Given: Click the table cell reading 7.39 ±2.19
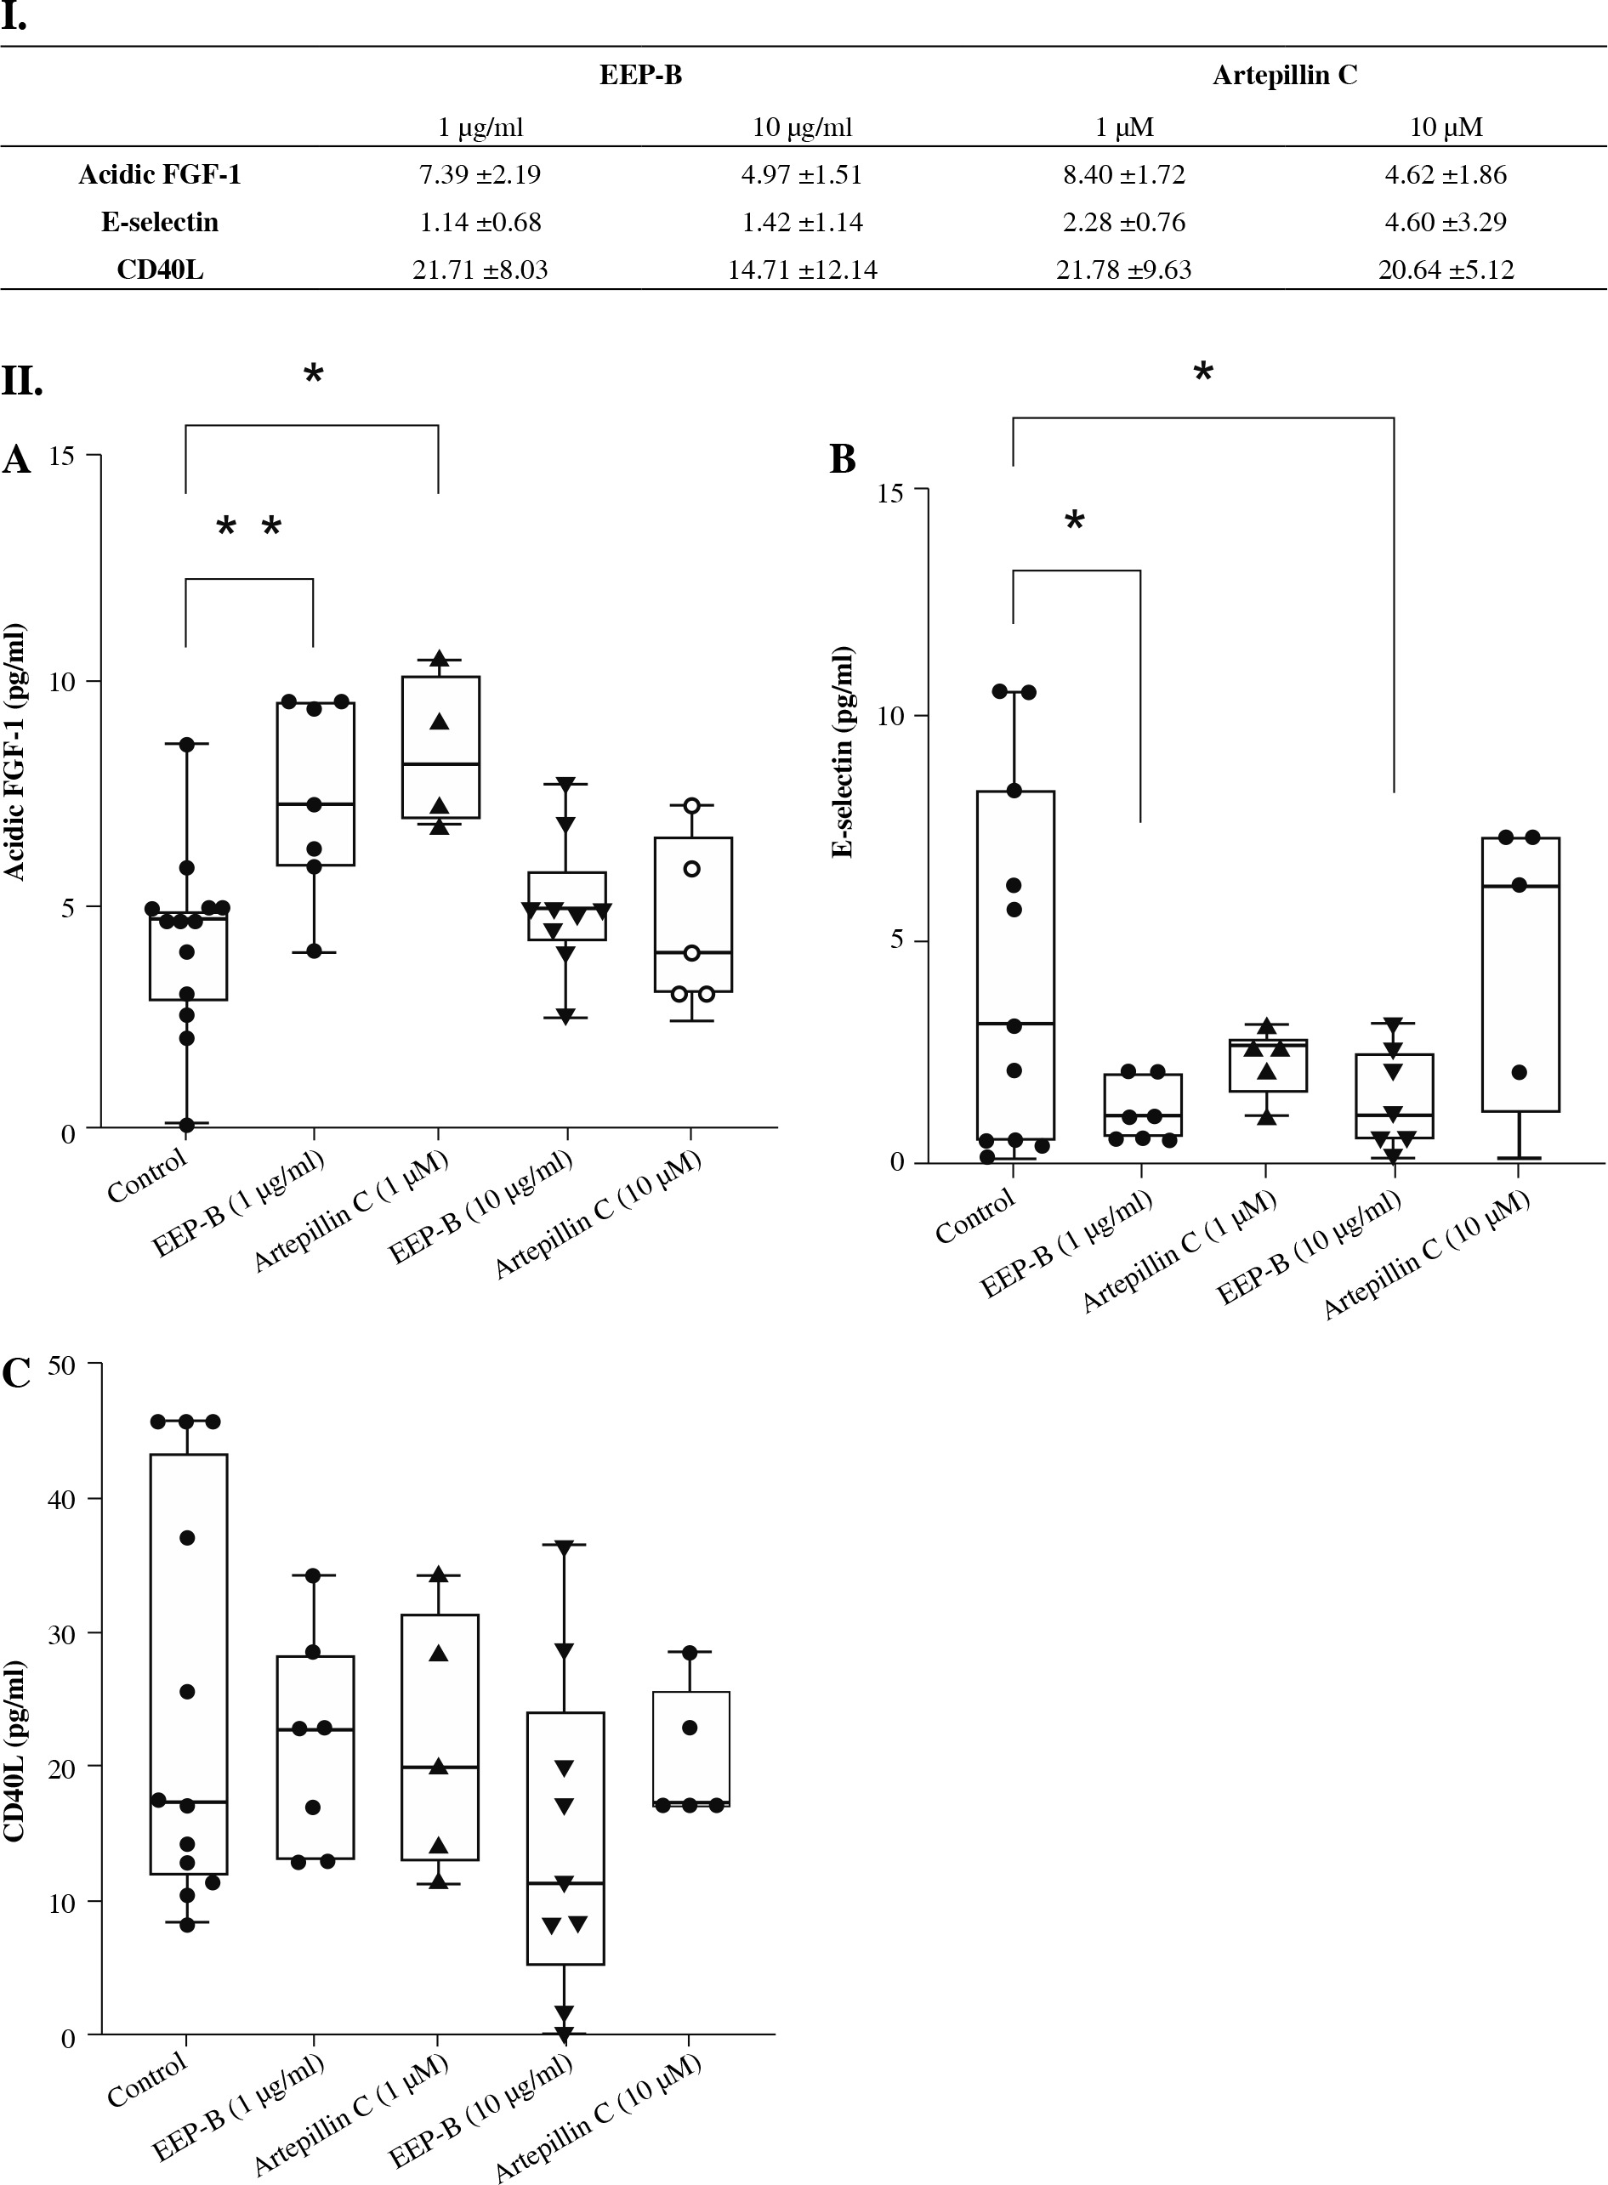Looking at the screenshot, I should (480, 174).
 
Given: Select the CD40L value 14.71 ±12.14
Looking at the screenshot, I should (802, 270).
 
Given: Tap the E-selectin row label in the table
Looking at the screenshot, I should (160, 222).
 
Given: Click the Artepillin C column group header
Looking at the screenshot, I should (1284, 75).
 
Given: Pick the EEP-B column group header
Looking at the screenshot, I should (640, 75).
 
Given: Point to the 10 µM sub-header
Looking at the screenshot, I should (1446, 127).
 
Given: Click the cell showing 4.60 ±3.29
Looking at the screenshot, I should (1446, 222).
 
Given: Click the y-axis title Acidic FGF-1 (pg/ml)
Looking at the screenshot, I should (15, 752).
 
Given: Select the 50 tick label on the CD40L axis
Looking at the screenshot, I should (61, 1365).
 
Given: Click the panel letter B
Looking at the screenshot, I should (842, 459).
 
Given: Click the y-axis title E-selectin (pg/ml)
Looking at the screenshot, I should (843, 752).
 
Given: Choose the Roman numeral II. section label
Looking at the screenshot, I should (21, 381).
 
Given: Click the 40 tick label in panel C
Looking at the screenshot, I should (61, 1500).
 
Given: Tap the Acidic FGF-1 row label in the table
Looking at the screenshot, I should (160, 174).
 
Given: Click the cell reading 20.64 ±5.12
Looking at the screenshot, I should (1446, 270).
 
